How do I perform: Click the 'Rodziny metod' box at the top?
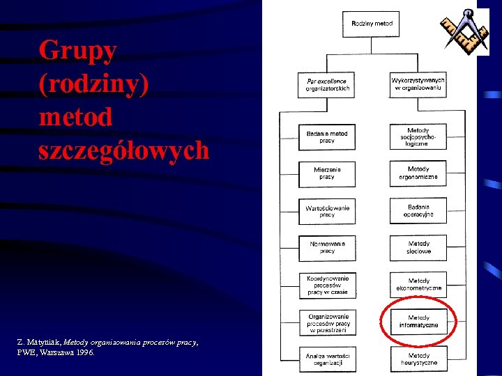click(372, 24)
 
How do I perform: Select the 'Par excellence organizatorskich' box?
click(327, 85)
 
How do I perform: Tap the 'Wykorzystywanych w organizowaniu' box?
click(418, 85)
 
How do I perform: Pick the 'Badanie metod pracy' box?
click(327, 136)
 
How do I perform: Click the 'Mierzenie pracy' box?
click(327, 173)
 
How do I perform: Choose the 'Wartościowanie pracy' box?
click(327, 211)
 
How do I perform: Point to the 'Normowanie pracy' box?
click(327, 247)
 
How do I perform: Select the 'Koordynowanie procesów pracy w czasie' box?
click(327, 285)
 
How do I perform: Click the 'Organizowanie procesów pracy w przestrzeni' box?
click(327, 323)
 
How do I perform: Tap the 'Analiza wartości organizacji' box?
click(327, 359)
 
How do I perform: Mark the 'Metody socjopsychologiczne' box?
click(418, 136)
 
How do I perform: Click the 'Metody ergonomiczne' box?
click(418, 173)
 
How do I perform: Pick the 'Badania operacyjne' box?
click(418, 211)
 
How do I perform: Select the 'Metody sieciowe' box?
click(418, 247)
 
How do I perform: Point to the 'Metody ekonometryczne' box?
click(418, 285)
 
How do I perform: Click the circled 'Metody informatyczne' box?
click(418, 322)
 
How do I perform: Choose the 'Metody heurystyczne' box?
click(418, 359)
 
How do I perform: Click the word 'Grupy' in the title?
click(78, 50)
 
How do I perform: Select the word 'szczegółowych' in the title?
click(124, 150)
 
